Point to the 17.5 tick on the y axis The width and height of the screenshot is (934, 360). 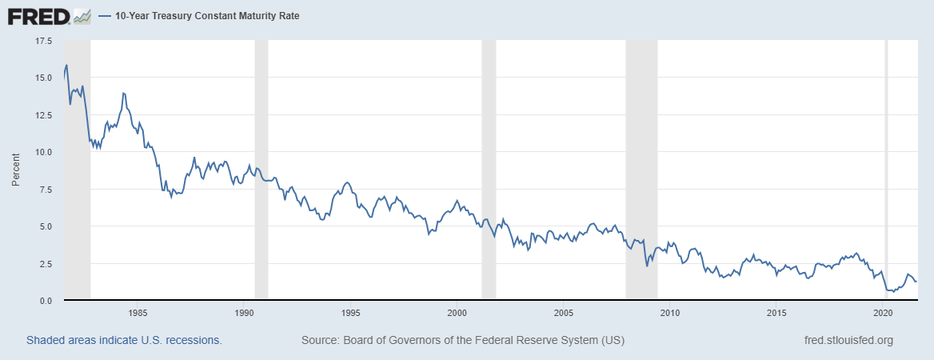click(x=42, y=40)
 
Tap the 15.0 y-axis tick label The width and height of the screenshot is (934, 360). click(x=42, y=78)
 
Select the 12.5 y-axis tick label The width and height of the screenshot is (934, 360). click(x=42, y=114)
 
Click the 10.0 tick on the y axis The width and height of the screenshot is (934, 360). click(x=42, y=152)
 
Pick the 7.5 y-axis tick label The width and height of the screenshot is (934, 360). click(x=44, y=189)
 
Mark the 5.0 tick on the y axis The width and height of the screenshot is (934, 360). click(x=44, y=226)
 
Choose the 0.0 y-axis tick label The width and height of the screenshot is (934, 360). click(x=44, y=300)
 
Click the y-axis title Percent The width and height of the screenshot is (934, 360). click(x=16, y=170)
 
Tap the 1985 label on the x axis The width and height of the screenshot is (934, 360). click(x=137, y=312)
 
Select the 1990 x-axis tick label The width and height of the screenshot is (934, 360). click(x=243, y=312)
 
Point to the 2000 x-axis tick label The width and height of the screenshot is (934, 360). click(x=457, y=312)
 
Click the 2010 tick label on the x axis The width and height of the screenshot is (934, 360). click(x=670, y=312)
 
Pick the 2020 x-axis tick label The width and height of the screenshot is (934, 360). click(x=884, y=312)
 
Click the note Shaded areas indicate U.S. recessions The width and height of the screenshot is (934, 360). click(x=124, y=340)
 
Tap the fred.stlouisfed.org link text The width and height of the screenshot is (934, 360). click(x=848, y=340)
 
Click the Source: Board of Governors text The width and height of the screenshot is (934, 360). click(x=463, y=340)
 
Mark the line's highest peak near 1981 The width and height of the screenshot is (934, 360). click(x=66, y=65)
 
